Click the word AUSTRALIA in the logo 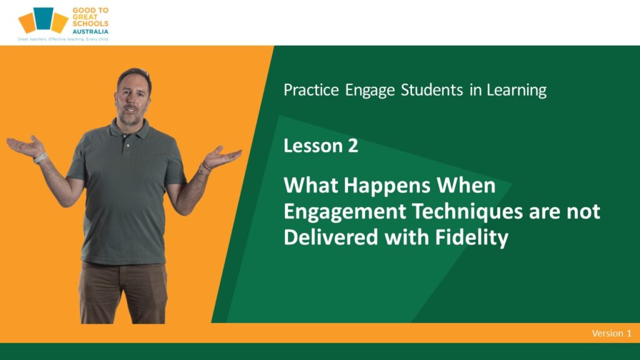point(90,31)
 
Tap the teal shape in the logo point(43,18)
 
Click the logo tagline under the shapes point(63,39)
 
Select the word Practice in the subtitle point(311,90)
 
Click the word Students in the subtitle point(432,90)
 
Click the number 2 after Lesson point(352,146)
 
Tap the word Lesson point(313,146)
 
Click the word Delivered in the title point(331,237)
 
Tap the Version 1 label point(611,334)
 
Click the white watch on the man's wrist point(40,158)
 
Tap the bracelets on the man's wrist point(205,167)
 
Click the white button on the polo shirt point(128,145)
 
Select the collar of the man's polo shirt point(127,130)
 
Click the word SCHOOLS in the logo point(91,24)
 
